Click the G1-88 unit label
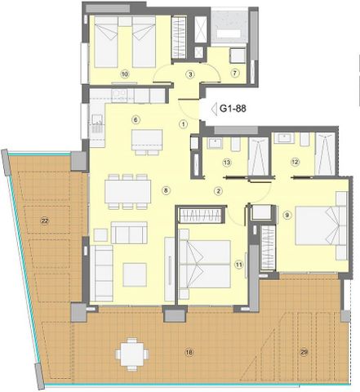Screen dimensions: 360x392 (x=233, y=109)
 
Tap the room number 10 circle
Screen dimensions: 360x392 (x=125, y=74)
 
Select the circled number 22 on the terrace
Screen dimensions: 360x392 (x=45, y=220)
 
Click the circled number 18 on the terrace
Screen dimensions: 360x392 (x=189, y=353)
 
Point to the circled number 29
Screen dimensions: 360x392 (x=304, y=352)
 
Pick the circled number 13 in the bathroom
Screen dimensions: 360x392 (x=227, y=163)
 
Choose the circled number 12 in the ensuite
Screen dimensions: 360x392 (x=295, y=162)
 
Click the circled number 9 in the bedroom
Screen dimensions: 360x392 (x=287, y=216)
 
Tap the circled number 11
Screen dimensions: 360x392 (x=239, y=265)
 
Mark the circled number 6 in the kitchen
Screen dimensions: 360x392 (x=136, y=119)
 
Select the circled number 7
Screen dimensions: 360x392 (x=234, y=73)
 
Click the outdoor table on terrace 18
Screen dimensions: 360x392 (x=132, y=354)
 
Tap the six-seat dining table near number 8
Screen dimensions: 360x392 (x=127, y=192)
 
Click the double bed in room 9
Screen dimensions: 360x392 (x=322, y=226)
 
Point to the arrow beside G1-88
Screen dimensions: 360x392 (x=214, y=109)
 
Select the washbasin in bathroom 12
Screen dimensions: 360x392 (x=284, y=138)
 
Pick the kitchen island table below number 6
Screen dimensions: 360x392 (x=147, y=142)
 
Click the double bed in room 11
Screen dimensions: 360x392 (x=205, y=264)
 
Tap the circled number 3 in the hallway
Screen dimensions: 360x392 (x=190, y=74)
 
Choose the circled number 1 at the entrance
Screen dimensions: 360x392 (x=184, y=124)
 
